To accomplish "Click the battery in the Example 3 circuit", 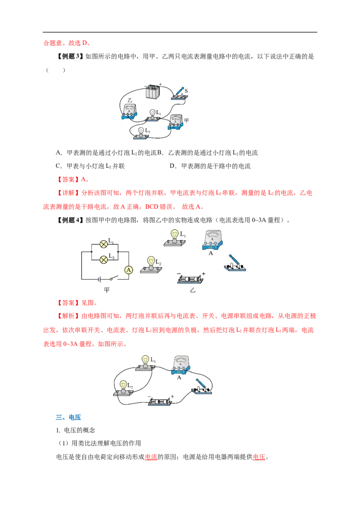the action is [x=153, y=92].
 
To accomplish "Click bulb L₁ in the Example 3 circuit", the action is [x=153, y=115].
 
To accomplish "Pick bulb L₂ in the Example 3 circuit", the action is [x=141, y=133].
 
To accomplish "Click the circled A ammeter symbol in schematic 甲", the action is [x=129, y=270].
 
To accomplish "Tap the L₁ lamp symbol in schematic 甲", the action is [x=103, y=244].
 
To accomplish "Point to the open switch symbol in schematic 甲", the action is [x=113, y=278].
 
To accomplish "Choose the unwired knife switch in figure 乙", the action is [x=235, y=263].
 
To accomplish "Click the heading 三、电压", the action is [x=68, y=417].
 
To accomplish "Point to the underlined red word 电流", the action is [x=151, y=457].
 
